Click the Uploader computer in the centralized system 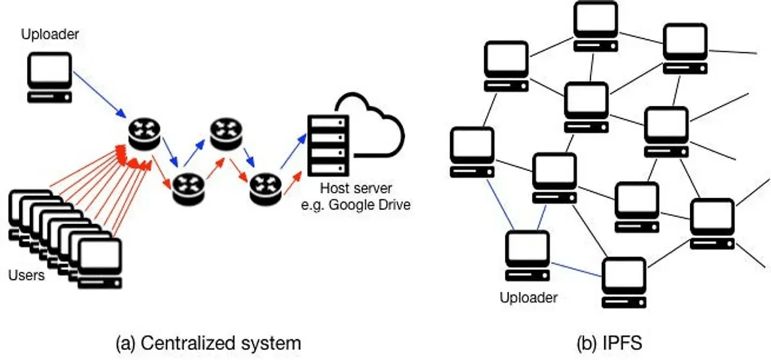(50, 78)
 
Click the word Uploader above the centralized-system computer (50, 35)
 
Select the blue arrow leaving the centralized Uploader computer (99, 93)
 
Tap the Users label (26, 275)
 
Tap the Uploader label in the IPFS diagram (528, 298)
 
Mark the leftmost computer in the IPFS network (472, 152)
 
